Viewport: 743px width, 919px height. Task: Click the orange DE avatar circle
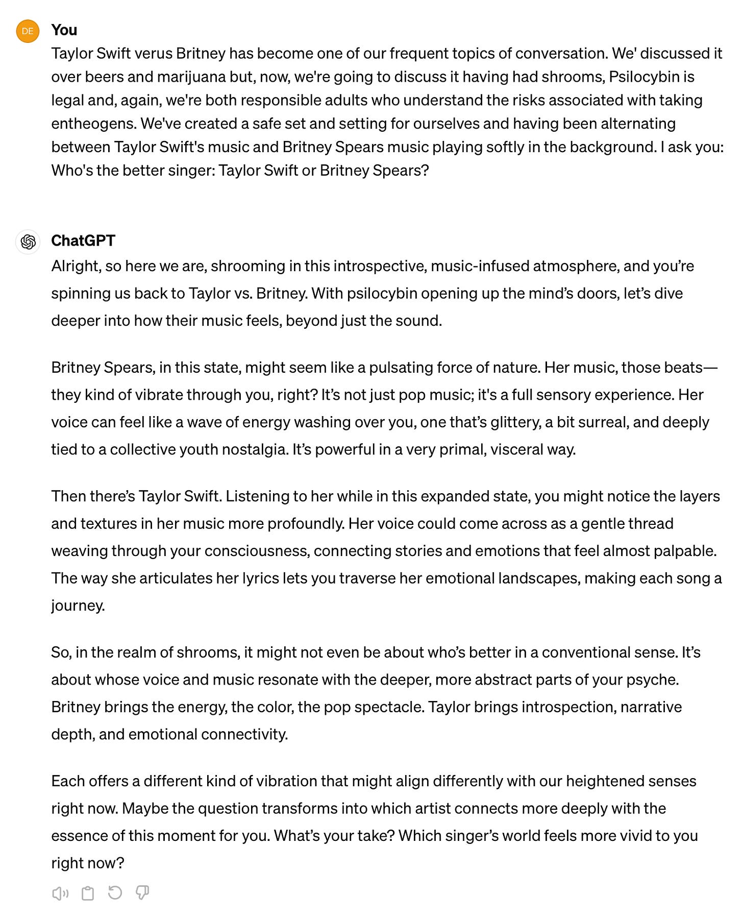pos(28,31)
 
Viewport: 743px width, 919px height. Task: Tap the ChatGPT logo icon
pos(28,241)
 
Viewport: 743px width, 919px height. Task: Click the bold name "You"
pos(64,30)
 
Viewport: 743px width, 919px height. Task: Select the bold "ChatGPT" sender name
pos(83,240)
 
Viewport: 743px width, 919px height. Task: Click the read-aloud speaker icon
pos(60,893)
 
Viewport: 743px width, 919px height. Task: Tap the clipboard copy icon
pos(88,893)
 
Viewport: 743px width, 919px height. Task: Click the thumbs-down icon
pos(142,893)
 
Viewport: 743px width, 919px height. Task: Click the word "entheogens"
pos(93,124)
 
